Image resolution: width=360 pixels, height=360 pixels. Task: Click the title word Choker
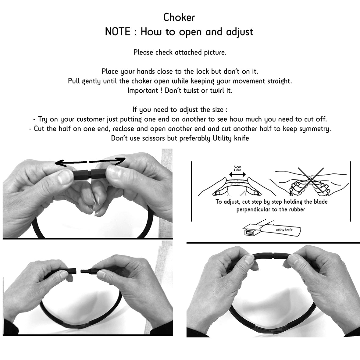click(x=179, y=18)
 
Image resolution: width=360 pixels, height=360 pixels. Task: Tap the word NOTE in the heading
click(x=118, y=32)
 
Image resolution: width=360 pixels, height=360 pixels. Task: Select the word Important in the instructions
click(x=143, y=91)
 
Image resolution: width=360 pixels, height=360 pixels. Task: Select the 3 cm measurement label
click(x=237, y=168)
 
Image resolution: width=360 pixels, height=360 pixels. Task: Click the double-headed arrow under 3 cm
click(x=237, y=175)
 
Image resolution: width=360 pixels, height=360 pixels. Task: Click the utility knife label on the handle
click(x=284, y=230)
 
